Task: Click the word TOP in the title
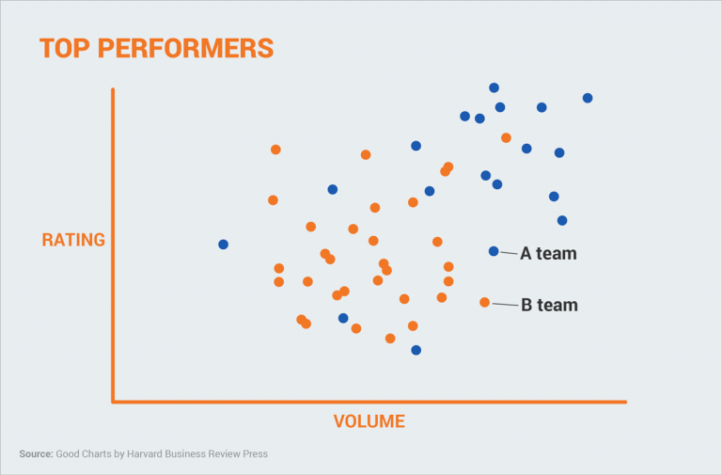(65, 48)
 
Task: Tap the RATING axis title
(73, 240)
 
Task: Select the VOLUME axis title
(369, 421)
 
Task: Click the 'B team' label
(549, 305)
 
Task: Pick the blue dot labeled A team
(494, 251)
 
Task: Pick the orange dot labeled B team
(484, 302)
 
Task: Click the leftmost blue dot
(223, 245)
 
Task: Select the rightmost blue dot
(588, 98)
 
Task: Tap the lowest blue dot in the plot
(416, 350)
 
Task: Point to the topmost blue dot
(494, 87)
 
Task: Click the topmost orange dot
(506, 138)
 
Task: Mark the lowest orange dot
(390, 339)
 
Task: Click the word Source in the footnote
(35, 454)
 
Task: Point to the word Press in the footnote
(254, 454)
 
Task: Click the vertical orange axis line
(113, 245)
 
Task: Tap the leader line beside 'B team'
(505, 304)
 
